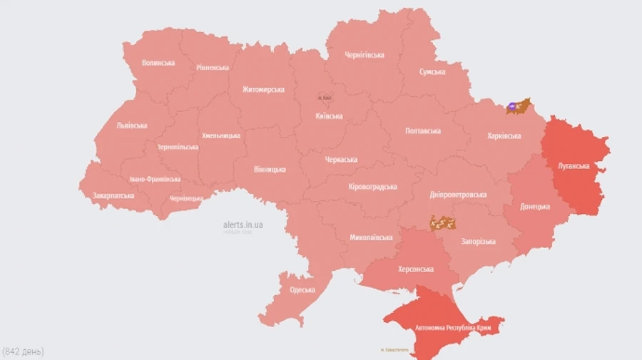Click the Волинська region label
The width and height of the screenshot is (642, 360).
tap(158, 63)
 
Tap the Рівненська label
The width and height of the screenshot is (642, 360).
tap(213, 68)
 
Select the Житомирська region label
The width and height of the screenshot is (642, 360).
tap(263, 90)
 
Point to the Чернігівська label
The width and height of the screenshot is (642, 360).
tap(365, 55)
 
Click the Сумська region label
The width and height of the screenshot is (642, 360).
tap(432, 72)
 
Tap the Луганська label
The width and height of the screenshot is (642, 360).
tap(574, 166)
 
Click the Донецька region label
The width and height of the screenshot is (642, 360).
tap(535, 207)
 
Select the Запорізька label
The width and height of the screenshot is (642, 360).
tap(477, 242)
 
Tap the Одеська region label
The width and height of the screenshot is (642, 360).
tap(302, 289)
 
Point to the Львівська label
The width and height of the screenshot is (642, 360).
tap(132, 125)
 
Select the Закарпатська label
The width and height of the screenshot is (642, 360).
tap(113, 195)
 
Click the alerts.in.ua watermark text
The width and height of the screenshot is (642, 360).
tap(243, 225)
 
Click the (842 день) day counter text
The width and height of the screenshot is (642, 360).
tap(24, 351)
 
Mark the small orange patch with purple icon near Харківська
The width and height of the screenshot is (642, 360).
tap(518, 106)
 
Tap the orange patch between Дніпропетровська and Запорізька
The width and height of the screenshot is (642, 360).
tap(442, 223)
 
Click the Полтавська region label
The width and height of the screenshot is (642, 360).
tap(423, 131)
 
